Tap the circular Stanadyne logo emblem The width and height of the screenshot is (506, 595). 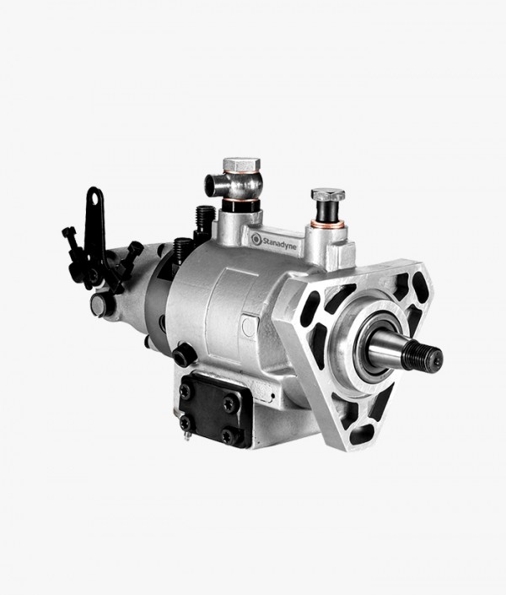coord(256,239)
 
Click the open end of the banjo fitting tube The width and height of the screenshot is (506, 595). coord(211,185)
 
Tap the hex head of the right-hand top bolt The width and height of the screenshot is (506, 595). coord(328,195)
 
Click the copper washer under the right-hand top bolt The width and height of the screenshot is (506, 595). coord(328,225)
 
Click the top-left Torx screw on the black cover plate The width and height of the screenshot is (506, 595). coord(186,390)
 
